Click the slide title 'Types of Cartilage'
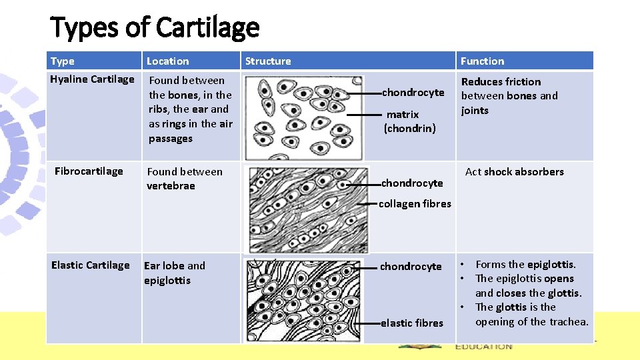(155, 27)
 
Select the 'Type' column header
(63, 61)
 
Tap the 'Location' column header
(167, 61)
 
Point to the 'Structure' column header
(268, 61)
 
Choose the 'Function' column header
(482, 61)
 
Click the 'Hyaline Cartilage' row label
(93, 79)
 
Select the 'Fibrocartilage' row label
(89, 171)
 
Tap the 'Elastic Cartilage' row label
(91, 265)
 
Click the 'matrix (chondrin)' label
(409, 121)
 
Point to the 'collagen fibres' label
(415, 204)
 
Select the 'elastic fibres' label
(411, 323)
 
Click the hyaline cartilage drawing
(303, 117)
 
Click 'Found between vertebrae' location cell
(185, 179)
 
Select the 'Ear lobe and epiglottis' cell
(175, 273)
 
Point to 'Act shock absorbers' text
(514, 172)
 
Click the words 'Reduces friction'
(501, 82)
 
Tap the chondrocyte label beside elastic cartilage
(411, 267)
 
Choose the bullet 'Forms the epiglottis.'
(525, 265)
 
